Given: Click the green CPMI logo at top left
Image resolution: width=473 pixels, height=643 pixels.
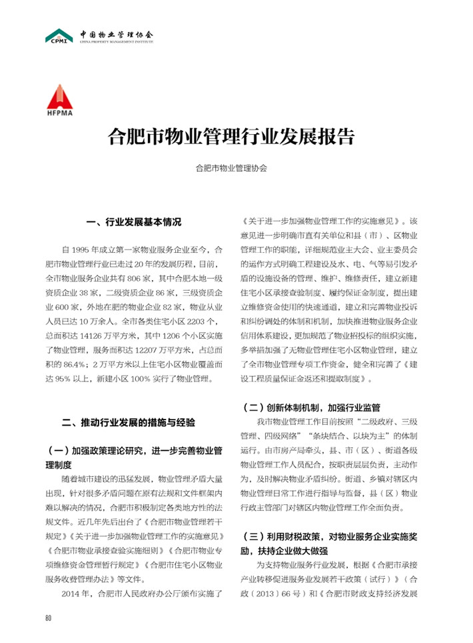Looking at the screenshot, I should coord(59,36).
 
